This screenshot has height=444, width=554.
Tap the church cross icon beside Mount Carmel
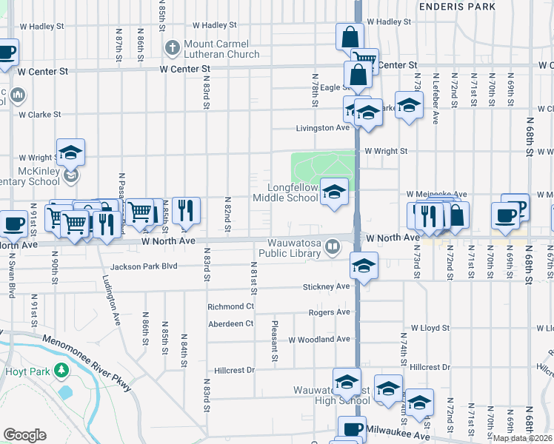pos(172,49)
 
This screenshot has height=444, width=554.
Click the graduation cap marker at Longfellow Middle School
pos(334,194)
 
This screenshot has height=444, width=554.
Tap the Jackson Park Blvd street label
pos(144,266)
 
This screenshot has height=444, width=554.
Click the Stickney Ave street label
pos(326,286)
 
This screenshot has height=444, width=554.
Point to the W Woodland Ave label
pos(319,340)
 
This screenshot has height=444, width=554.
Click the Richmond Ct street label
pos(230,306)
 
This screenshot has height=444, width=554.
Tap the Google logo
pos(24,435)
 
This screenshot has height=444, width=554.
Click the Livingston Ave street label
pos(323,128)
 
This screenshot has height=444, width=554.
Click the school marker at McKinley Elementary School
pos(70,152)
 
